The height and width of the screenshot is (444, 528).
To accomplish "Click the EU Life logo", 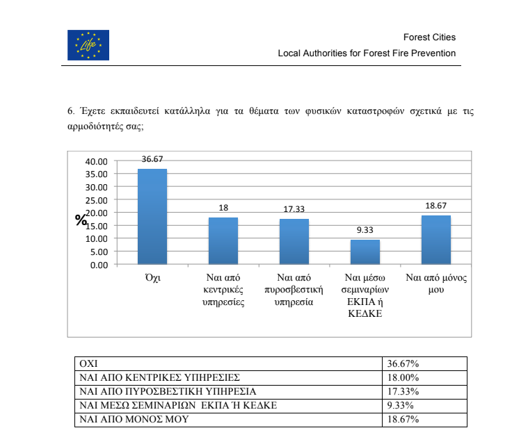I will [x=88, y=45].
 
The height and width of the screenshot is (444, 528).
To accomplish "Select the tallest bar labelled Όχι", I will [x=152, y=216].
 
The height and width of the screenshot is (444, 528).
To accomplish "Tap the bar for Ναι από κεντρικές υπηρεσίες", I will [x=223, y=240].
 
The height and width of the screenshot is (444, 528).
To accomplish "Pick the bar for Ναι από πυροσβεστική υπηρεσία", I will [x=294, y=241].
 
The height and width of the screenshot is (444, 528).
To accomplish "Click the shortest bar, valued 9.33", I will [x=365, y=252].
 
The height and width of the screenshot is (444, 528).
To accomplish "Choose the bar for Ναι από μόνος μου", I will [x=435, y=240].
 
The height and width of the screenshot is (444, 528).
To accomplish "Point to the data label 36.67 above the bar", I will [x=152, y=159].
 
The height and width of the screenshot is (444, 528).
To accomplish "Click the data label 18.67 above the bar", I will [x=435, y=207].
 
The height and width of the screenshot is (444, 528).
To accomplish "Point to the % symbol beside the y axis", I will [x=81, y=220].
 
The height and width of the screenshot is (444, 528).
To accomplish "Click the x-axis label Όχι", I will [x=152, y=278].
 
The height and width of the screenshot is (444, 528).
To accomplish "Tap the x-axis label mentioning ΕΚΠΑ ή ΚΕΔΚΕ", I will [x=365, y=302].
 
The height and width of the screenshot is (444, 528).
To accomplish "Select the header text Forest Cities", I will [x=429, y=38].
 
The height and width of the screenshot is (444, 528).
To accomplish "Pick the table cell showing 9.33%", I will [x=400, y=405].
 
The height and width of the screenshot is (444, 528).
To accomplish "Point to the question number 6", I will [x=70, y=111].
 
